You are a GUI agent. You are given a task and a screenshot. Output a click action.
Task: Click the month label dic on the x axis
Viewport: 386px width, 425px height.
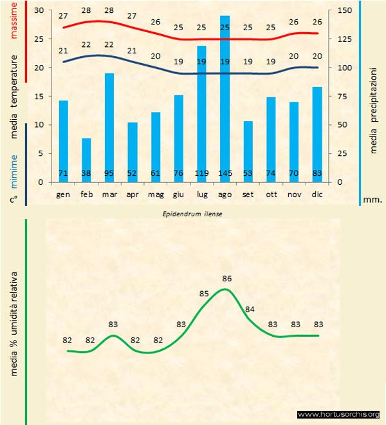317,194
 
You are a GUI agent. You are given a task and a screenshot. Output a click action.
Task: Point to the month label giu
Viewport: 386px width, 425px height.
178,194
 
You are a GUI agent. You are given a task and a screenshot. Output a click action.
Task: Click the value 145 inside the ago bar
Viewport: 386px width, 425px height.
225,173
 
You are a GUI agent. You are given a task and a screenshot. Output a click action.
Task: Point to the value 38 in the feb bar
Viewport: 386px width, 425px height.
86,173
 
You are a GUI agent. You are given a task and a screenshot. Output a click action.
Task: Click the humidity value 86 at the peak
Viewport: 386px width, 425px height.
226,279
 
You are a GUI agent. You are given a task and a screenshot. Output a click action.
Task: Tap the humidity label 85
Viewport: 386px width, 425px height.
205,294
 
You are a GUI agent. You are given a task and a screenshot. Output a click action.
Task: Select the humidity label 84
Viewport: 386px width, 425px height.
250,310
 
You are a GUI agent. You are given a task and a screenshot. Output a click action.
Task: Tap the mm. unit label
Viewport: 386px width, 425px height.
372,200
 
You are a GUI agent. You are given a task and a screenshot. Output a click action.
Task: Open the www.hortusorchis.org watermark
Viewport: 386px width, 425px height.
338,414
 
